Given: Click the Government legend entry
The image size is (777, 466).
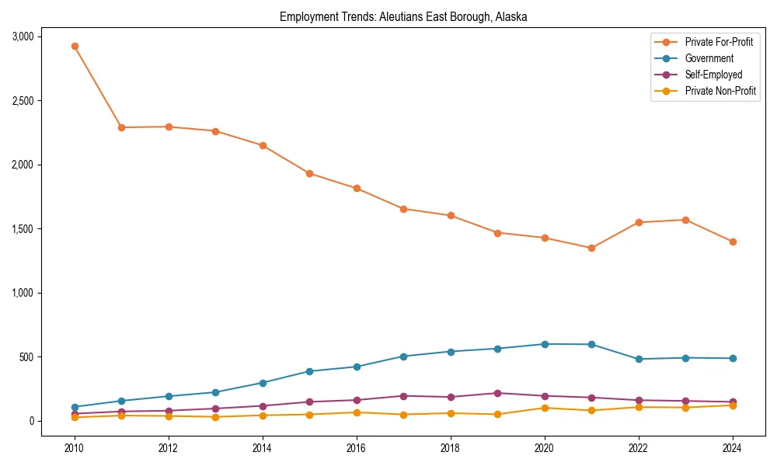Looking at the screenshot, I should [x=709, y=58].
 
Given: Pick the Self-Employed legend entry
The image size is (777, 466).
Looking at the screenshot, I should [x=713, y=75].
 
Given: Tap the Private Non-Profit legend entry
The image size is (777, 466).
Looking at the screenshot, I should [x=720, y=91].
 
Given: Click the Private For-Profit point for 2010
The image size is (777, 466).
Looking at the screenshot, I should [x=75, y=46].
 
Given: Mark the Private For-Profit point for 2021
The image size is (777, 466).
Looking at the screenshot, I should [x=591, y=249].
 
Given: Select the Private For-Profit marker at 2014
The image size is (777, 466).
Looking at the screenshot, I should [x=263, y=145].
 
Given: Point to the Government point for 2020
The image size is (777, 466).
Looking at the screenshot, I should [x=545, y=344].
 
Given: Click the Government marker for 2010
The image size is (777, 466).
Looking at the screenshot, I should [x=75, y=407].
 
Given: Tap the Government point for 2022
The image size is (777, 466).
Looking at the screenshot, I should [x=639, y=359].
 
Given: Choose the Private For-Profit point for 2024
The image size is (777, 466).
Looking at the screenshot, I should [x=733, y=242].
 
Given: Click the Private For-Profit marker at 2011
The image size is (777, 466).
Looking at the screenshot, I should [x=121, y=127].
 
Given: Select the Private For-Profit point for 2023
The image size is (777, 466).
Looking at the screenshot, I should [x=685, y=220].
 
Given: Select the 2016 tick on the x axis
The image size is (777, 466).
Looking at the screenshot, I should [x=357, y=448].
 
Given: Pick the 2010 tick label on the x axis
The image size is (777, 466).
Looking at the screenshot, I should [x=75, y=448].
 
